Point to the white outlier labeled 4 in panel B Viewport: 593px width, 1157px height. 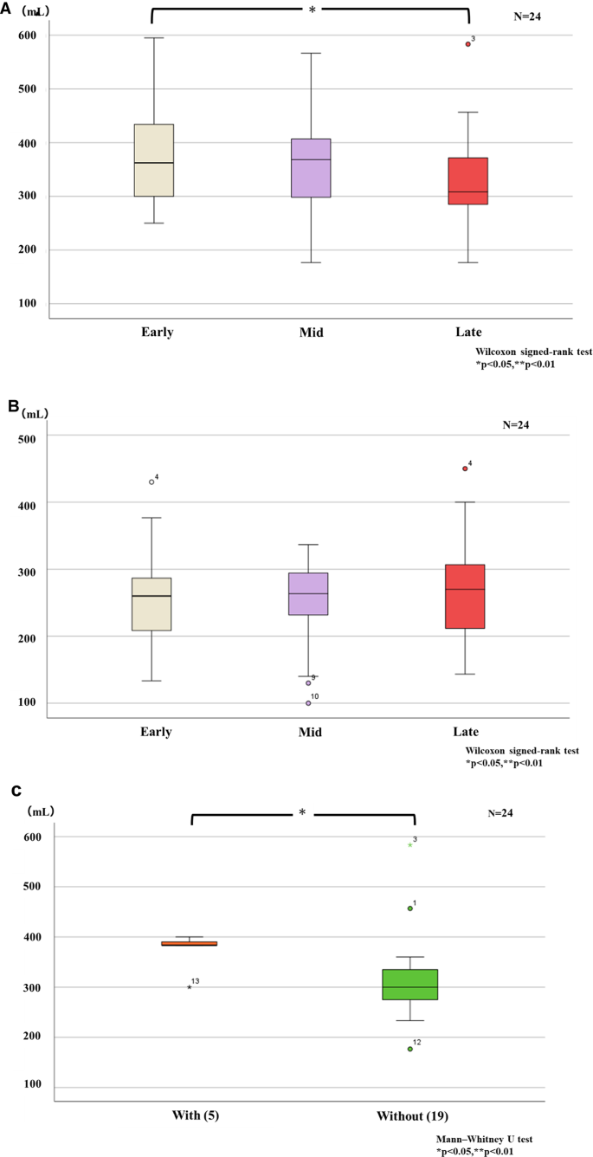[x=151, y=482]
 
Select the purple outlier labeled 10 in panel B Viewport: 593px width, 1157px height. [x=308, y=702]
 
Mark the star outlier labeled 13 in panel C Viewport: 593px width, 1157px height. [x=189, y=987]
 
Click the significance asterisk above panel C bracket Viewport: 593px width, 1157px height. [x=302, y=812]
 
